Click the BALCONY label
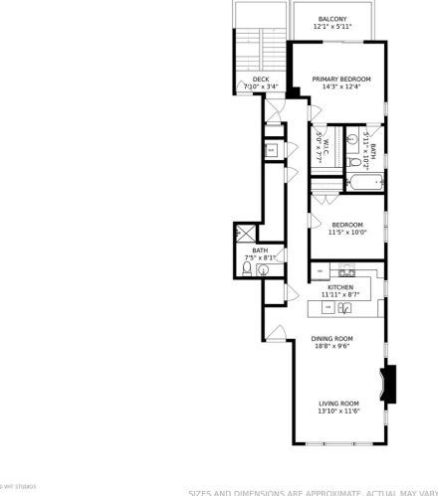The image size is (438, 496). click(x=331, y=18)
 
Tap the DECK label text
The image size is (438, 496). click(x=261, y=80)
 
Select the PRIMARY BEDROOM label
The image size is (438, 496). click(x=340, y=80)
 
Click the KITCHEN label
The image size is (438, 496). click(x=339, y=287)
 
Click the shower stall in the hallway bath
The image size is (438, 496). click(x=244, y=235)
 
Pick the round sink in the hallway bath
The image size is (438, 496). click(x=263, y=268)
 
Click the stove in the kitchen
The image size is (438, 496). click(x=346, y=271)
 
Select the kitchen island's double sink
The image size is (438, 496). click(x=345, y=309)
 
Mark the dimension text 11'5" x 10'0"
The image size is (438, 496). click(x=347, y=233)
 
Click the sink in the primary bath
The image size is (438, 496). click(x=352, y=140)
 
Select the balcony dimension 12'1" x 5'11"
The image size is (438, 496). click(x=331, y=27)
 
